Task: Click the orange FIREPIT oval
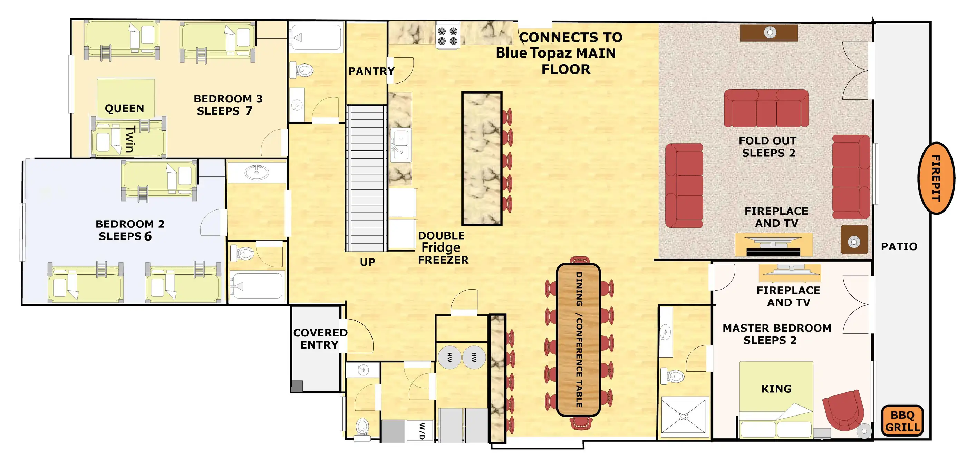(x=936, y=178)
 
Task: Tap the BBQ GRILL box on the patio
(x=902, y=421)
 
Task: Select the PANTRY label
(x=371, y=71)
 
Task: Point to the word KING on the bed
(x=776, y=389)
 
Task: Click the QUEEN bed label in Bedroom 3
(x=124, y=108)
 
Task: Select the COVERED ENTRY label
(x=320, y=339)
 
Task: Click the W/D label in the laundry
(x=422, y=431)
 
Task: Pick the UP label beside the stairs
(x=367, y=262)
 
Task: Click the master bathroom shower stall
(x=683, y=416)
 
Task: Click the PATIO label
(x=899, y=246)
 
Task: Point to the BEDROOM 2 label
(x=130, y=224)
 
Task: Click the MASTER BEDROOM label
(x=777, y=328)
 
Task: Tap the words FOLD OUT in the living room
(x=767, y=141)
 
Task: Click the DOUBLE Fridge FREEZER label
(x=443, y=248)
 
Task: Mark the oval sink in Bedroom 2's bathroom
(x=257, y=172)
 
